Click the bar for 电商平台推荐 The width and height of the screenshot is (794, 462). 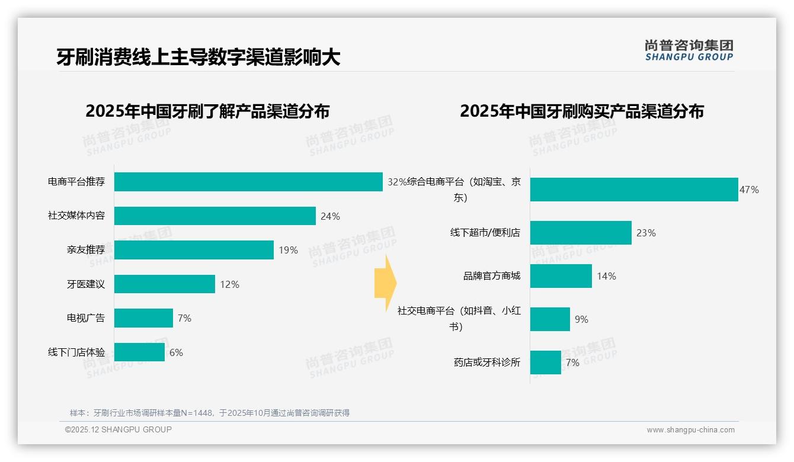pos(248,182)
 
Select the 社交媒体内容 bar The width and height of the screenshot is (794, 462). pos(214,216)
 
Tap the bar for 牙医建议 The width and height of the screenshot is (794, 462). pos(164,284)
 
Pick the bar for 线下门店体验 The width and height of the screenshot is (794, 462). pos(139,352)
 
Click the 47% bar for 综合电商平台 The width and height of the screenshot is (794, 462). pos(634,190)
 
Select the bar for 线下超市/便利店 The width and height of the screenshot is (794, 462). pos(581,233)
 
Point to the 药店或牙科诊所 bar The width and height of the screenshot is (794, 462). pos(545,362)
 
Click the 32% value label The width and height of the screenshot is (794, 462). pos(397,182)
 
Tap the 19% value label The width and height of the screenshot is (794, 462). pos(288,251)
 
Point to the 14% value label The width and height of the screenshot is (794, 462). pos(606,276)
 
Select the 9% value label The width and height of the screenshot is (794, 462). pos(581,319)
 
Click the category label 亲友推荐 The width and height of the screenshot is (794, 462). pos(86,250)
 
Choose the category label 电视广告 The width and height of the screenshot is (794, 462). pos(86,318)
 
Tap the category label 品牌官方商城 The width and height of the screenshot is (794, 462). pos(492,276)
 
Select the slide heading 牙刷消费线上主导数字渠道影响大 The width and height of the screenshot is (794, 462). pos(198,57)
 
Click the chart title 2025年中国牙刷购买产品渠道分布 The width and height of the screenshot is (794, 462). pos(581,111)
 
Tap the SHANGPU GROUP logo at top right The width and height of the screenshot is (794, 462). pos(689,50)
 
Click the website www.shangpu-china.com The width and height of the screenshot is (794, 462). pos(690,430)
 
